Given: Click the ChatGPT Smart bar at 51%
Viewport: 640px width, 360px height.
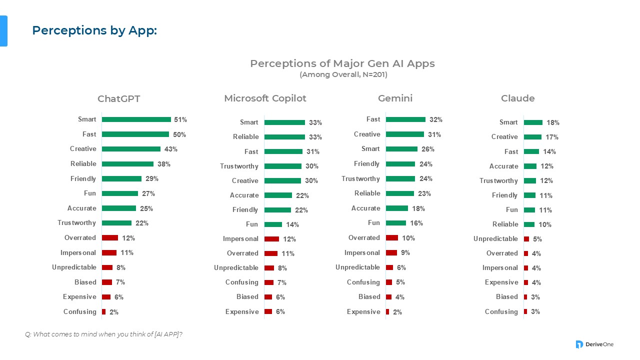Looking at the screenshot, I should coord(136,119).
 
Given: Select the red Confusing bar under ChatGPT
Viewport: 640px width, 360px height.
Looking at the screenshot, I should coord(103,311).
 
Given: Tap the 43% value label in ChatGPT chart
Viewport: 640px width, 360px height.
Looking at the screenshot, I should coord(171,149).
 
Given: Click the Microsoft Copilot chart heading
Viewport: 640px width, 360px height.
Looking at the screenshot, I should coord(265,98).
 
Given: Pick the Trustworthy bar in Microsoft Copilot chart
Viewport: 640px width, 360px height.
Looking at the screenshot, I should coord(283,166).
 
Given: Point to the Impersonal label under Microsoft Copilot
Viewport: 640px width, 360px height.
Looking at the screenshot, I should coord(240,238).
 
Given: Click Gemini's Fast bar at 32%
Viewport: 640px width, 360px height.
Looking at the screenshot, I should coord(405,119).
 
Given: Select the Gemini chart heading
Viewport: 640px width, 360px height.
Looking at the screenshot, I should coord(395,98).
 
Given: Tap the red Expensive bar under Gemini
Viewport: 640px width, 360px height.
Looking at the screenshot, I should coord(387,311).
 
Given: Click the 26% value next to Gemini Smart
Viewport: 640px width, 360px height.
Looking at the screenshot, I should coord(428,149).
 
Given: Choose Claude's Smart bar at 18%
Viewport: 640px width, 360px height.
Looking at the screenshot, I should coord(533,122).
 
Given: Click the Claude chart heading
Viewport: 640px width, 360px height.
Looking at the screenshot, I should coord(517,98).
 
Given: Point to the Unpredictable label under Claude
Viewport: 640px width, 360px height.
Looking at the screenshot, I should coord(495,238).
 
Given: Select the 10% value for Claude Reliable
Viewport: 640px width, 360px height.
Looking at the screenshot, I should coord(544,224).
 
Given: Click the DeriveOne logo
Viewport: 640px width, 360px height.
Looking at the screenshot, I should coord(594,344).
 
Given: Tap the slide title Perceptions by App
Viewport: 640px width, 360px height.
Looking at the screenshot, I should coord(94,30).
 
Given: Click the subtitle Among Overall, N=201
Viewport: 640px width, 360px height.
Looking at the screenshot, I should coord(343,75).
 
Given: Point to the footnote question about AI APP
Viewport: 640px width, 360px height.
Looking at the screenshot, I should coord(103,334).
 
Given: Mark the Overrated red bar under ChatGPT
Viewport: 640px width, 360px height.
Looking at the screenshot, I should coord(110,237).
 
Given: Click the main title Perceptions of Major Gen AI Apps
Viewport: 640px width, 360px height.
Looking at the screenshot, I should coord(342,63).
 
